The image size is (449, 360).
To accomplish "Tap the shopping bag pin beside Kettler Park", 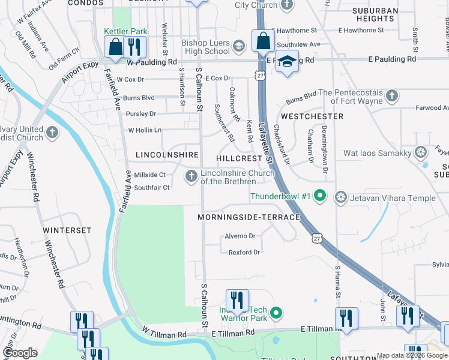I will point(114,47).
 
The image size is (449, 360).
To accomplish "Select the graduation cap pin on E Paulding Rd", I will point(287,62).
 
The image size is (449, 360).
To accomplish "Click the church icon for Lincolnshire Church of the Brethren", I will point(191,176).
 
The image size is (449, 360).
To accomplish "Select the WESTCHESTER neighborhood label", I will point(312,116).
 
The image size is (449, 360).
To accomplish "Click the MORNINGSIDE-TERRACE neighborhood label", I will point(249,217).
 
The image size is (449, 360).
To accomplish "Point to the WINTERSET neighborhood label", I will point(67,230).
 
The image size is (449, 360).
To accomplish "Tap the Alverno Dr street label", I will point(240,236).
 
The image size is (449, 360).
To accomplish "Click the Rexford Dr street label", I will point(244,252).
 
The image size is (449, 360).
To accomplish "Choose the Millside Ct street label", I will point(149,175).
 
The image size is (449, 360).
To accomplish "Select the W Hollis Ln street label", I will point(145,130).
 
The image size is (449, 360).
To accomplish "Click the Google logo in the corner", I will point(20,353).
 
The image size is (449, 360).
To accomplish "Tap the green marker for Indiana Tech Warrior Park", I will point(276,313).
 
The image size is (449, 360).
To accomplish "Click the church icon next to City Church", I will point(288,5).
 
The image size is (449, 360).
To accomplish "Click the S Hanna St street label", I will point(337,282).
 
